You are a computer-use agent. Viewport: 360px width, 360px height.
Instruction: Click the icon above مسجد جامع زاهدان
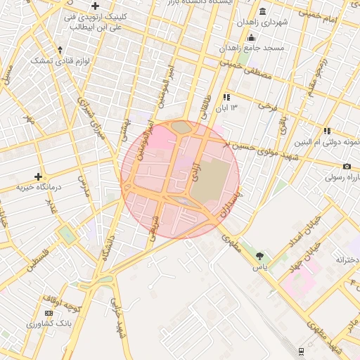(x=252, y=38)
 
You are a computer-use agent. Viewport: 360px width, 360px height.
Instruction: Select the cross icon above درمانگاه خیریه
(x=38, y=176)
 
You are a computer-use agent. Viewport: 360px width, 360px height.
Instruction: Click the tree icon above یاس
(x=261, y=257)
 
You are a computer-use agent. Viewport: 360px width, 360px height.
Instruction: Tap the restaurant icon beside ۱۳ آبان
(x=226, y=98)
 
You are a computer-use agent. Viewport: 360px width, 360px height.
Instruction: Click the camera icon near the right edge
(x=347, y=166)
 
